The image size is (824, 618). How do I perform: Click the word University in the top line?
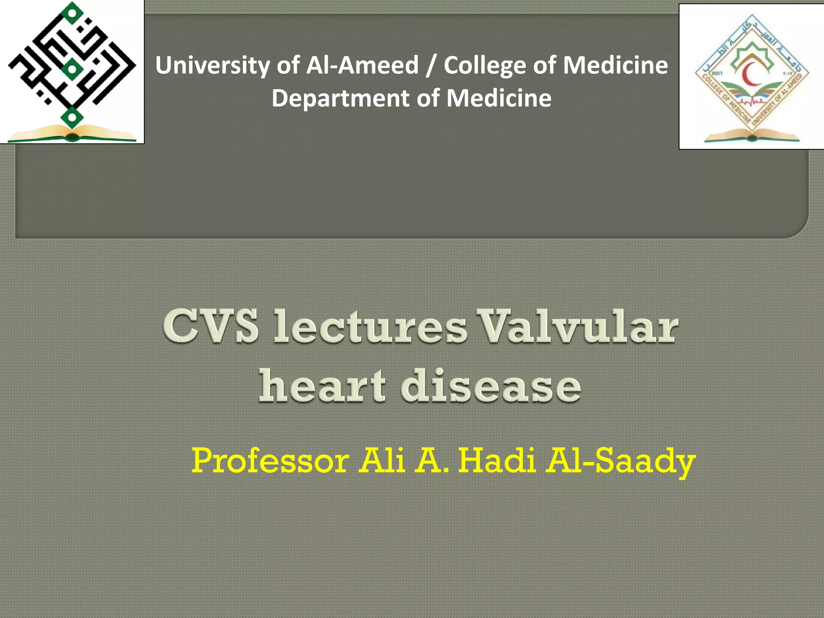point(212,65)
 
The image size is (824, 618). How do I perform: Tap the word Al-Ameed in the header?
point(362,65)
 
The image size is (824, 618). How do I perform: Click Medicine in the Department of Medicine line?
point(499,99)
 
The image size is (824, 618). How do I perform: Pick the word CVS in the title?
point(211,327)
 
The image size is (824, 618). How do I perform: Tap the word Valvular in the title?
point(579,327)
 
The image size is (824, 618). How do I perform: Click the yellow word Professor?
point(270,461)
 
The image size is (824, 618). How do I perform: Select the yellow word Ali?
point(382,461)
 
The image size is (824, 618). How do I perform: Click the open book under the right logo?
point(751,136)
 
